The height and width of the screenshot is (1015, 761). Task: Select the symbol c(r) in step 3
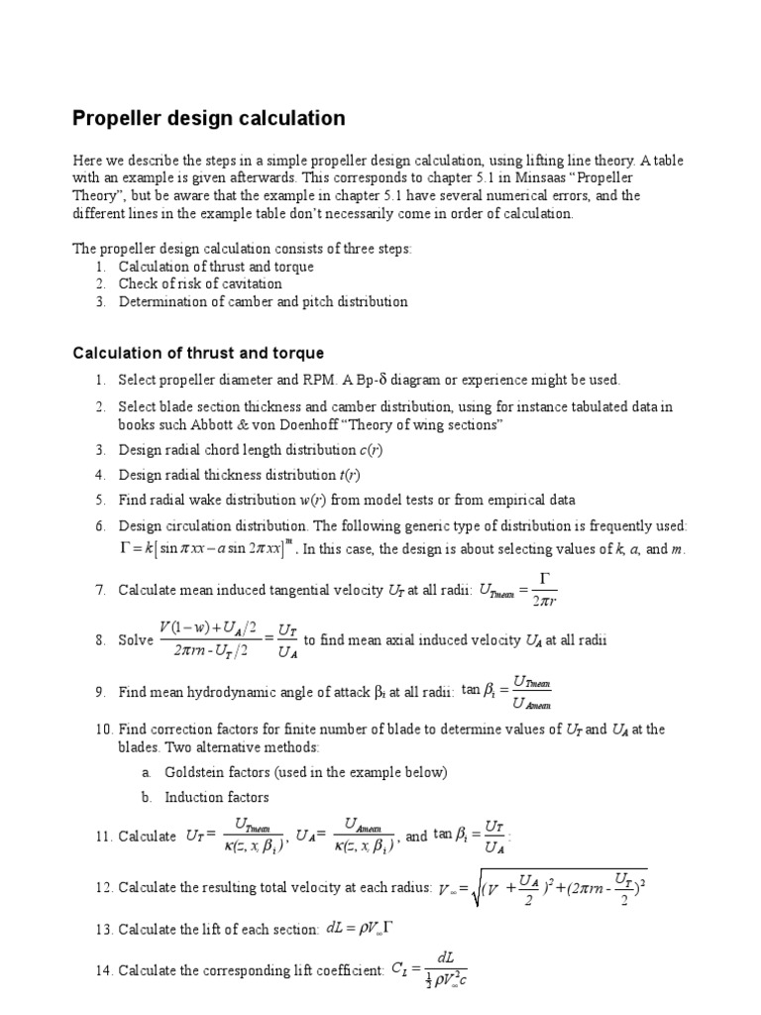371,450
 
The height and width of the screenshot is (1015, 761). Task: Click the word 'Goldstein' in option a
194,771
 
